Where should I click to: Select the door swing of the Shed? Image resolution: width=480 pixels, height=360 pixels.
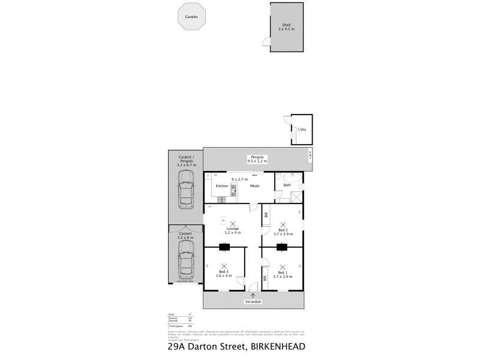pos(265,40)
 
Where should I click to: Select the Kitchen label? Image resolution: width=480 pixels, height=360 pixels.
pos(221,186)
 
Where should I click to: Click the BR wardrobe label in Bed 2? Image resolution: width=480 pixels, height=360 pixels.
pos(266,215)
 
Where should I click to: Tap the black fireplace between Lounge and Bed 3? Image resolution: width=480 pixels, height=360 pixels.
pos(224,246)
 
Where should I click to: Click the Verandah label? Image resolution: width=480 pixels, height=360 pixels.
pos(254,302)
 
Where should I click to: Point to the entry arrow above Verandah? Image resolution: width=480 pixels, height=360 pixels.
pos(254,295)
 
